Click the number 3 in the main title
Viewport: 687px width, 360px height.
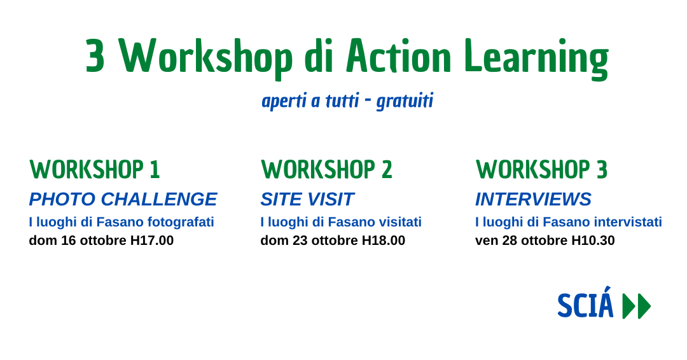coord(95,55)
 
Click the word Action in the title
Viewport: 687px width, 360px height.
coord(398,55)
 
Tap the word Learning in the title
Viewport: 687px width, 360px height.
coord(536,59)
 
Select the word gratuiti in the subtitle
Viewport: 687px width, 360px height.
coord(405,101)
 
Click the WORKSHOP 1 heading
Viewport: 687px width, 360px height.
coord(95,169)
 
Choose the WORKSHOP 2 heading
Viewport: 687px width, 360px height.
coord(326,169)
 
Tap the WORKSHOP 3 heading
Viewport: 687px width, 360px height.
coord(541,169)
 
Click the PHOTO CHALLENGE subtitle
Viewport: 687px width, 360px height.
coord(123,199)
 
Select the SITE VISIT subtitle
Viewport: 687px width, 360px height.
coord(307,199)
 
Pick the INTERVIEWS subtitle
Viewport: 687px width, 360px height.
coord(533,199)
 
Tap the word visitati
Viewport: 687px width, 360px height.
coord(401,222)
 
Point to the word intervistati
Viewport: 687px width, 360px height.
coord(628,222)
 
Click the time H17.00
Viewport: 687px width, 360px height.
coord(152,240)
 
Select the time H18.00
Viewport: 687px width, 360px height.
coord(384,240)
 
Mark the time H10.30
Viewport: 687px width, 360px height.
coord(593,240)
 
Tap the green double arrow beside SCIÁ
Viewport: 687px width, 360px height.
coord(637,306)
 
